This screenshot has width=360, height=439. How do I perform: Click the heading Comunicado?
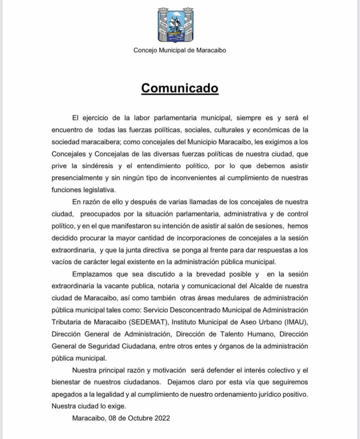[180, 88]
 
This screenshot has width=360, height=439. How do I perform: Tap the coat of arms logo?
[175, 24]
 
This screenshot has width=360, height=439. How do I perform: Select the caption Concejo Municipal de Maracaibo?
[180, 50]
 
